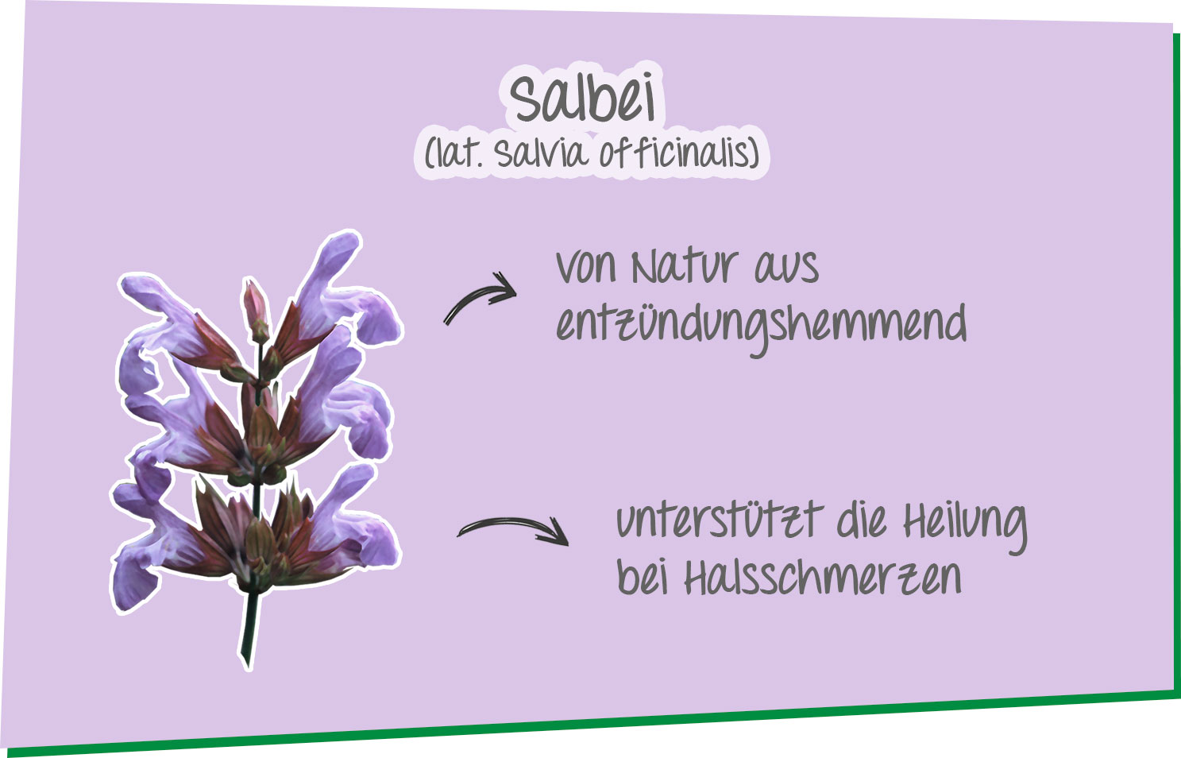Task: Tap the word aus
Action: pos(785,268)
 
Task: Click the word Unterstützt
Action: pos(718,520)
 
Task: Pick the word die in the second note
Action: pos(862,520)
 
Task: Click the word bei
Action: pos(642,577)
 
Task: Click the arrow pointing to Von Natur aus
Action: pos(481,299)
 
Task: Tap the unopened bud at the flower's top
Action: pos(256,310)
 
